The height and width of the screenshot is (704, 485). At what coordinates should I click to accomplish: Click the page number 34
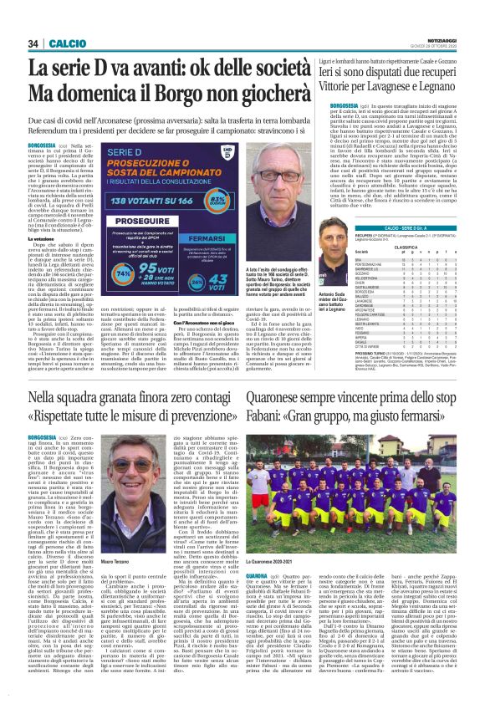pos(33,43)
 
